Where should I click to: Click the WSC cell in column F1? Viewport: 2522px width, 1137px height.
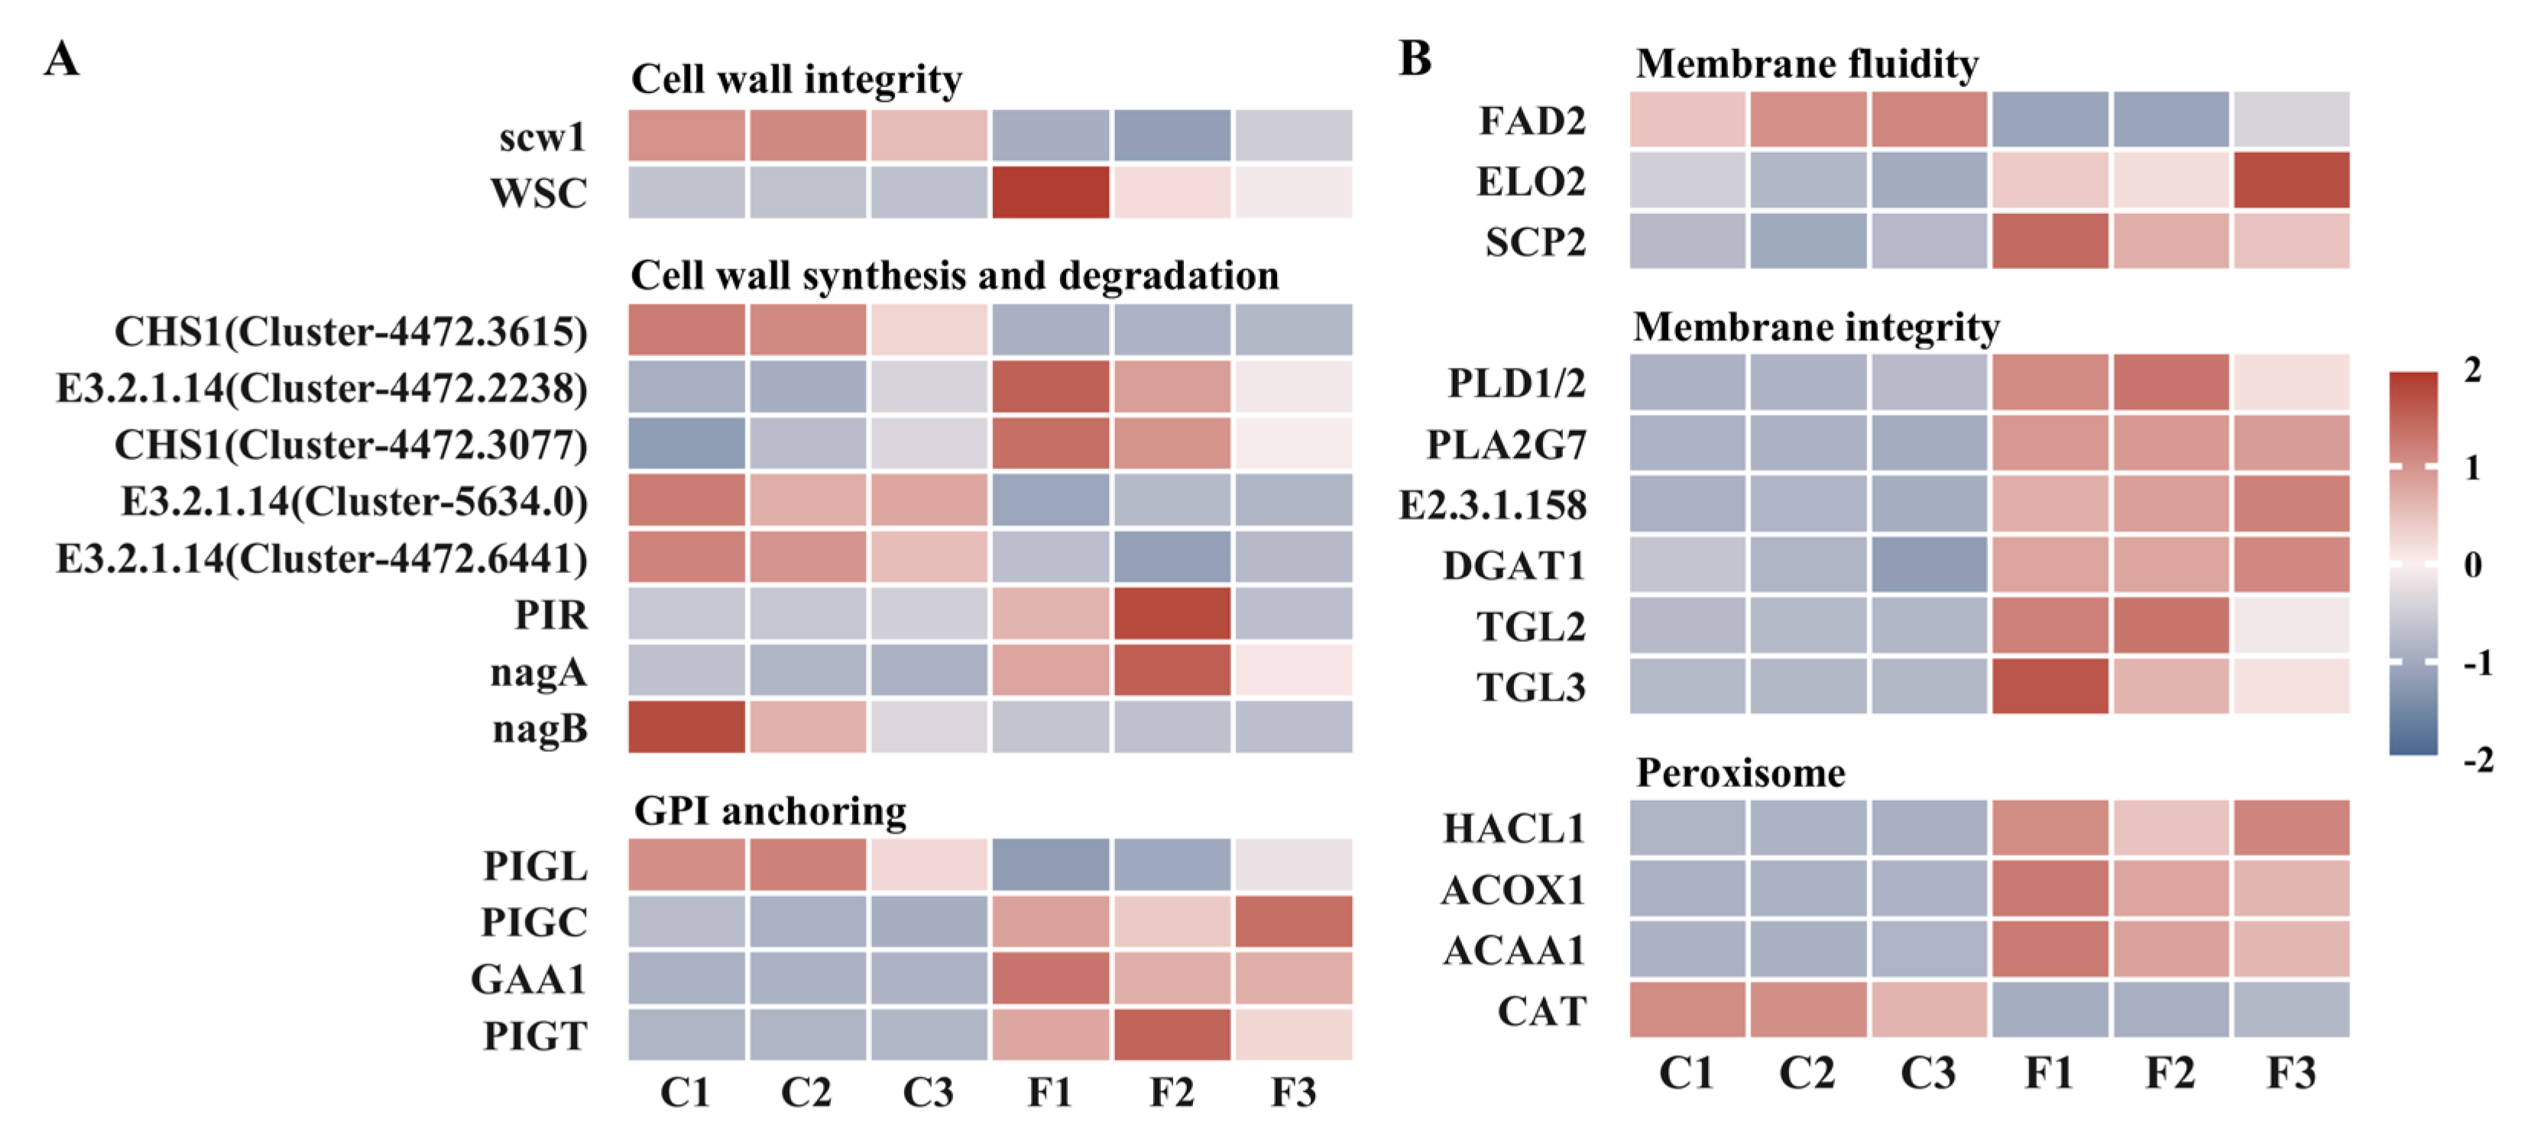[x=1051, y=192]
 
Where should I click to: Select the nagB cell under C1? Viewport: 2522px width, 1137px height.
[x=686, y=727]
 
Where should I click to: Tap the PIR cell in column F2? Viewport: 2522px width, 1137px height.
[x=1172, y=614]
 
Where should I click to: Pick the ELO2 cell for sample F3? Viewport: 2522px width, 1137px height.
[x=2291, y=180]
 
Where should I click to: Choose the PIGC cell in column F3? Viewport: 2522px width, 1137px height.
[x=1293, y=921]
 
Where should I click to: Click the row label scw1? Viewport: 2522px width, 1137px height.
[x=543, y=136]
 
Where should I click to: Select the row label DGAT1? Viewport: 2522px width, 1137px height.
[x=1514, y=565]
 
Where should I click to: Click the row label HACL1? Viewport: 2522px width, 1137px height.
[x=1514, y=829]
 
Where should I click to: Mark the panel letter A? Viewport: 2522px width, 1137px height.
[x=62, y=59]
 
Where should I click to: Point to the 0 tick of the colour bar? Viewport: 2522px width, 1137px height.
[x=2473, y=564]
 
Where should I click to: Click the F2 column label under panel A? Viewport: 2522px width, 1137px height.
[x=1172, y=1091]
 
